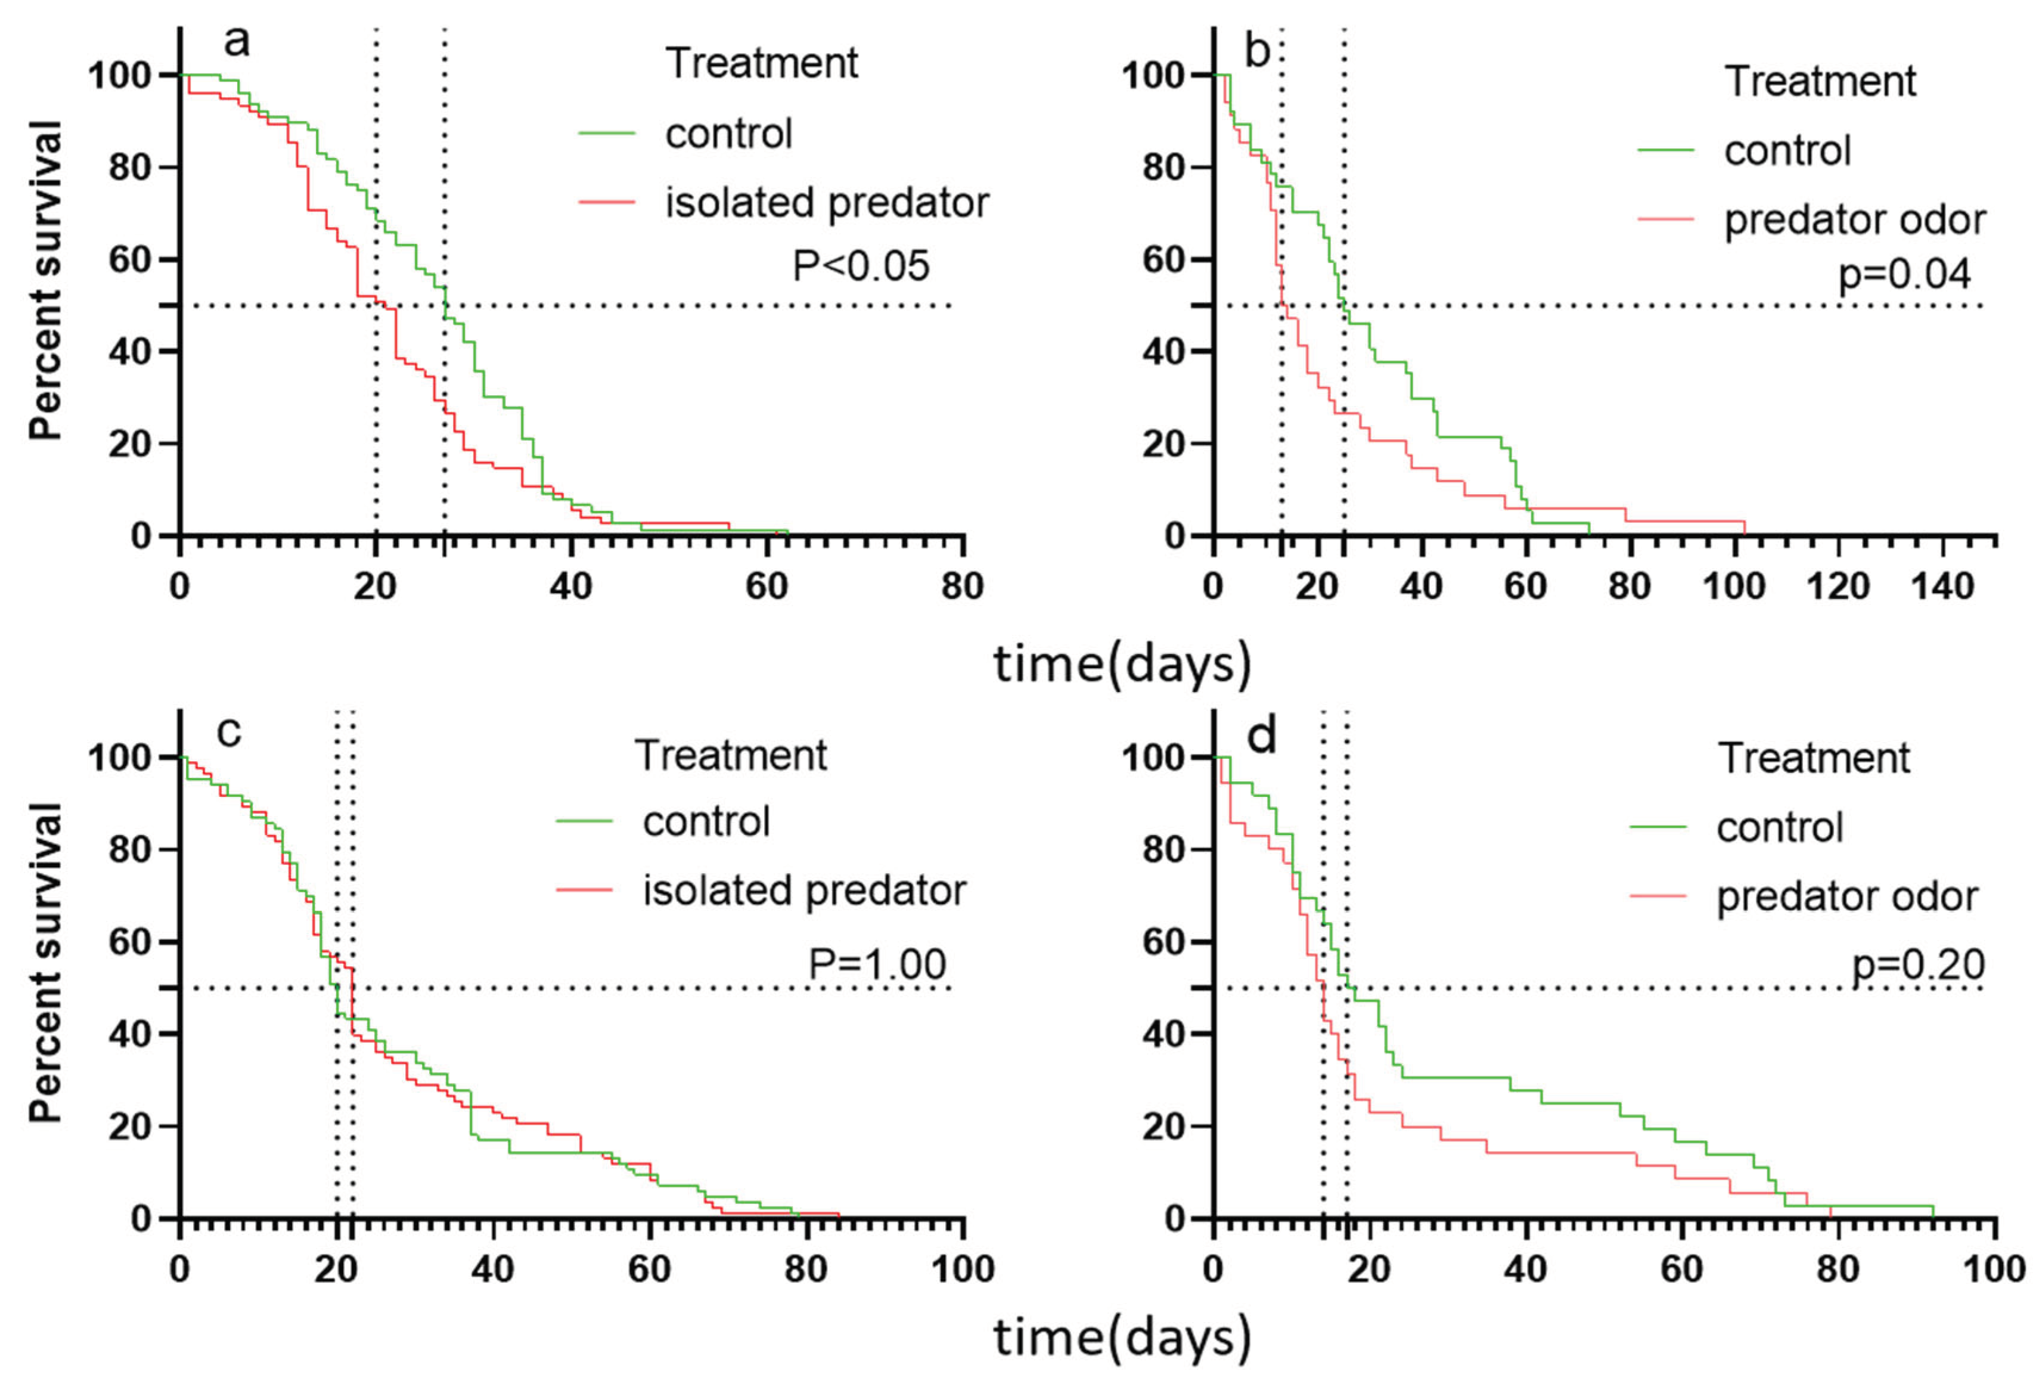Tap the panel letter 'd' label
(1262, 736)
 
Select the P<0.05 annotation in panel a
(861, 266)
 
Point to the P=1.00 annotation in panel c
(877, 964)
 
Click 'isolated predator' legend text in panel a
(827, 203)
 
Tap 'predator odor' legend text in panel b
(1855, 219)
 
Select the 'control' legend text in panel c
(706, 821)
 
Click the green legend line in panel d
(1658, 827)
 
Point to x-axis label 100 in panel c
(963, 1269)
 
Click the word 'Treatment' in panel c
(731, 755)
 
